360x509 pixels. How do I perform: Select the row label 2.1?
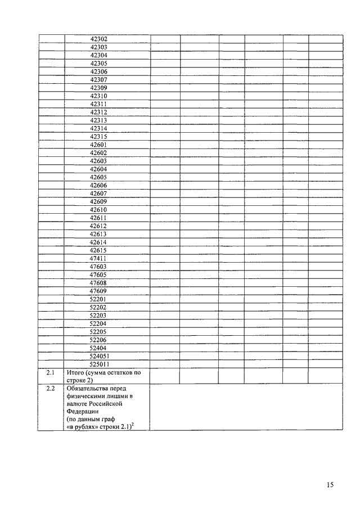pyautogui.click(x=50, y=372)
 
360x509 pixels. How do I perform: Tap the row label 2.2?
pyautogui.click(x=50, y=388)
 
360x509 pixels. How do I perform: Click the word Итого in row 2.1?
pyautogui.click(x=75, y=372)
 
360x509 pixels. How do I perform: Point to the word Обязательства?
pyautogui.click(x=89, y=388)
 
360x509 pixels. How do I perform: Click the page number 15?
pyautogui.click(x=330, y=485)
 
